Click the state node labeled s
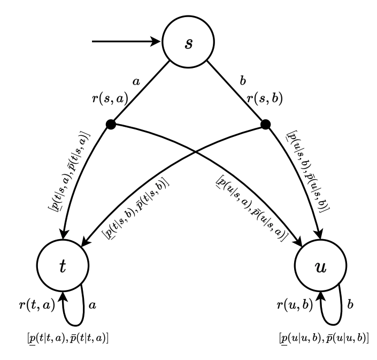(188, 42)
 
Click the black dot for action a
(111, 125)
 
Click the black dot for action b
(264, 125)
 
